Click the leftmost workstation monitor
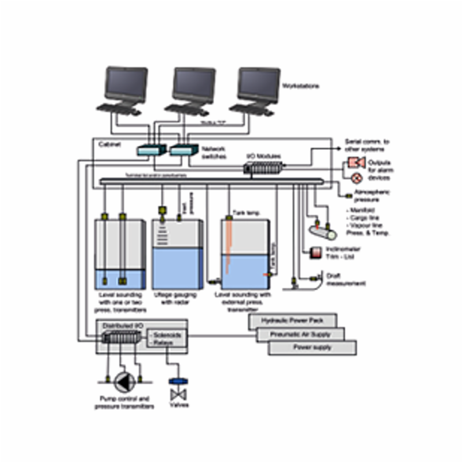point(126,84)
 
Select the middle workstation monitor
point(194,84)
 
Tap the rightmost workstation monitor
point(259,84)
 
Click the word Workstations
point(300,86)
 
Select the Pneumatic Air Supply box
point(300,334)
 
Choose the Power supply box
point(312,348)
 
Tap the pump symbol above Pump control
point(123,381)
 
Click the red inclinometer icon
point(316,252)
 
